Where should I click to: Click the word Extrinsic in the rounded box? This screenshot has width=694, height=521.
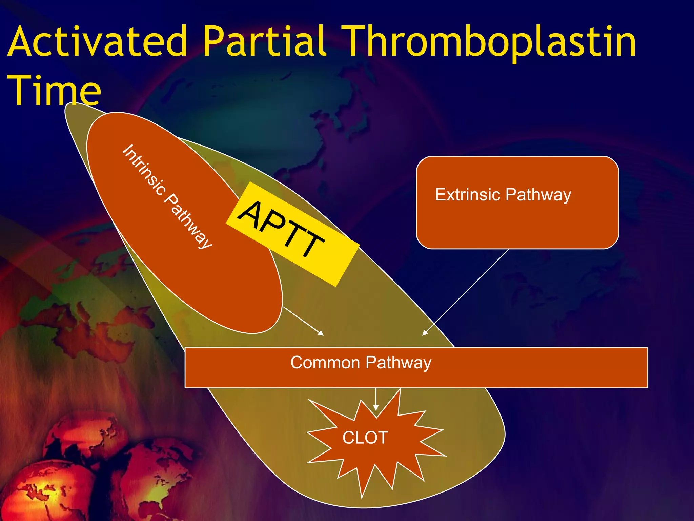468,195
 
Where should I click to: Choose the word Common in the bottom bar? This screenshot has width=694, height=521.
325,362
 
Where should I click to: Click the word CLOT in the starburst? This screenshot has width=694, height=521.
365,438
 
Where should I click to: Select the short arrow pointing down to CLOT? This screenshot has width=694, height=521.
376,400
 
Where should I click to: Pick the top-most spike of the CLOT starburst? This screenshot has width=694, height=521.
400,390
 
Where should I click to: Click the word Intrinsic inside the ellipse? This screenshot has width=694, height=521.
144,170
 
